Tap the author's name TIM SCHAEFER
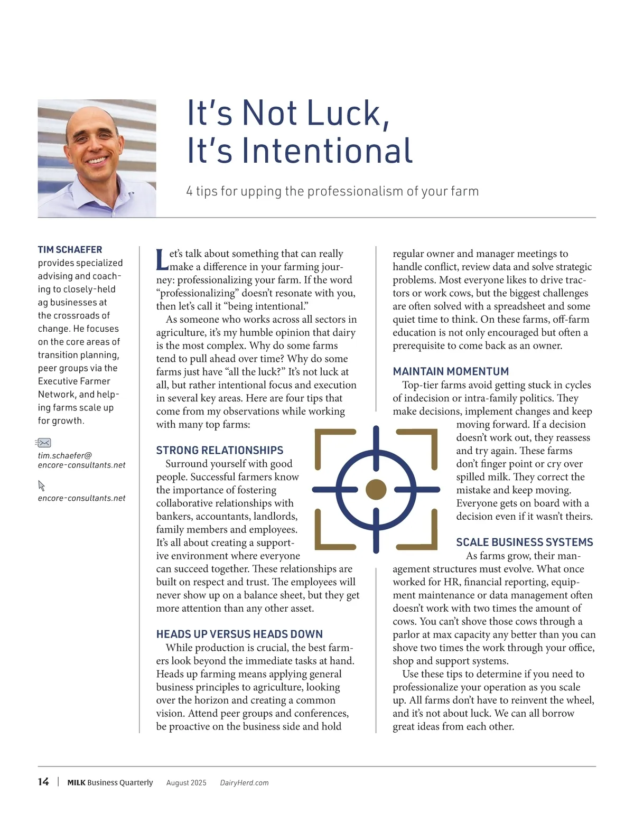[x=70, y=249]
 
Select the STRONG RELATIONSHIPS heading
[x=219, y=450]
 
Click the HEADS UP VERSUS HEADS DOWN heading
[x=239, y=634]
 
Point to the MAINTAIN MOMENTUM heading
[x=451, y=371]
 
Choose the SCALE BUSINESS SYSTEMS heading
[x=524, y=542]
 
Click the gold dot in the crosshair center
[x=376, y=490]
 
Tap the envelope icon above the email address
[x=43, y=443]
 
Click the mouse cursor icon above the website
[x=42, y=485]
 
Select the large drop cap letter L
[x=162, y=259]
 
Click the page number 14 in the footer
[x=43, y=782]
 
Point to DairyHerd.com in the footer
[x=244, y=783]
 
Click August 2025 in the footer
[x=186, y=783]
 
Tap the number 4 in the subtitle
[x=189, y=191]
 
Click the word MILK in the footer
[x=76, y=783]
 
